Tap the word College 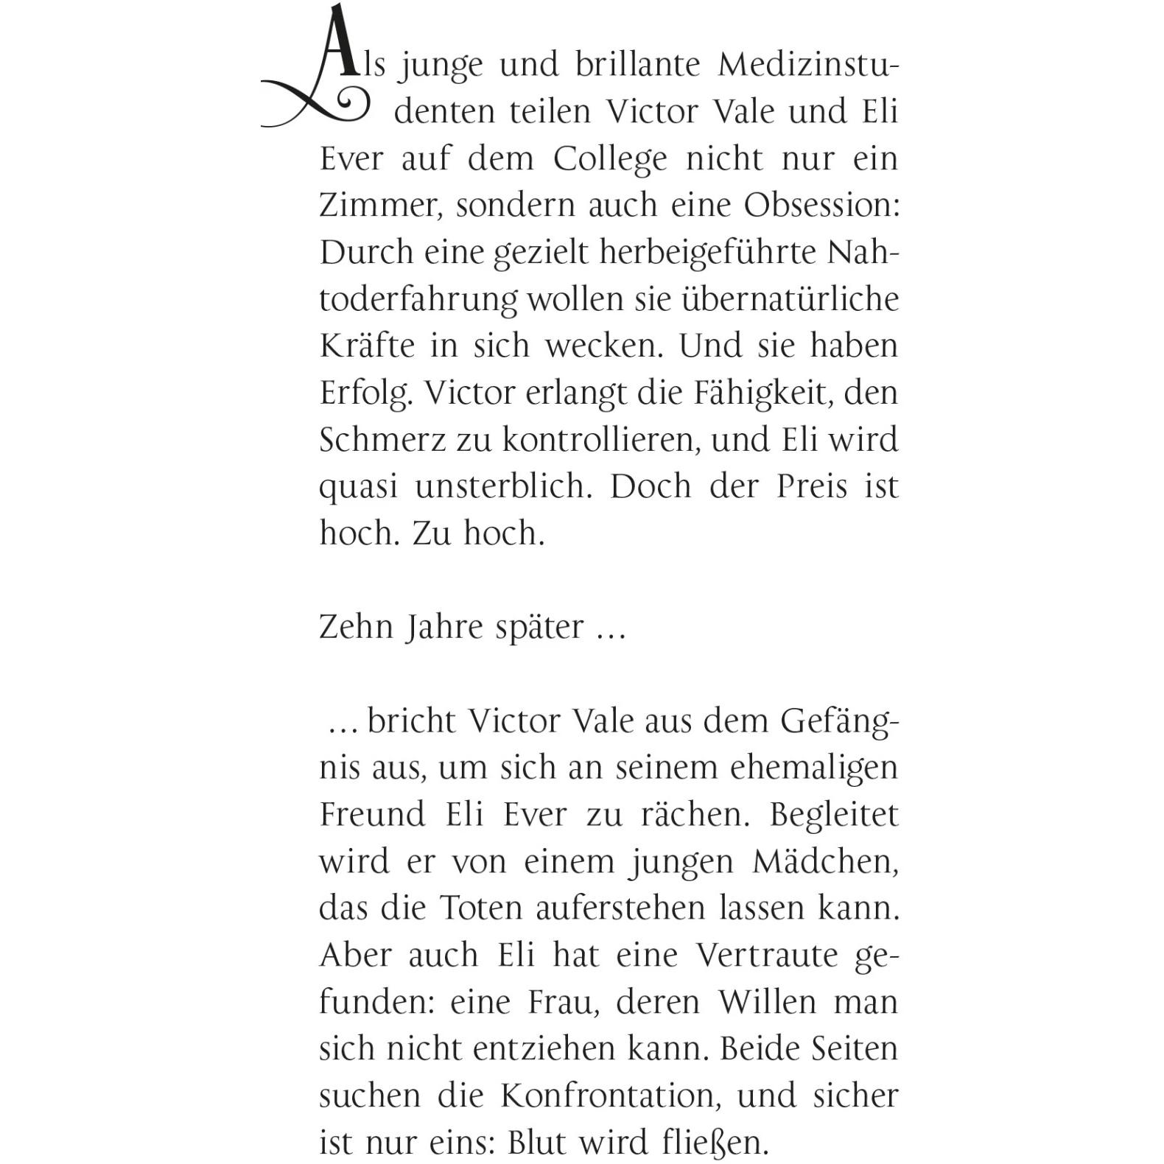click(610, 158)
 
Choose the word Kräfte click(367, 346)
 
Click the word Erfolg click(364, 393)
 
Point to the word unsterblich click(503, 487)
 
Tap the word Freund click(373, 815)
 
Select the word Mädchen click(825, 862)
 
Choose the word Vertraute click(767, 956)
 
